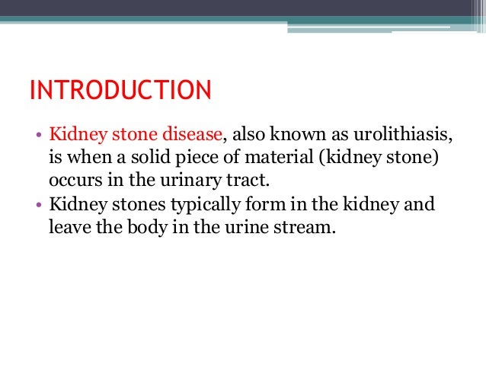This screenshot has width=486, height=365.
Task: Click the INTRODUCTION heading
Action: click(120, 91)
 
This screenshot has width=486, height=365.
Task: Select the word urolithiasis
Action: click(401, 136)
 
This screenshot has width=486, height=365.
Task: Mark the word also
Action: click(255, 136)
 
